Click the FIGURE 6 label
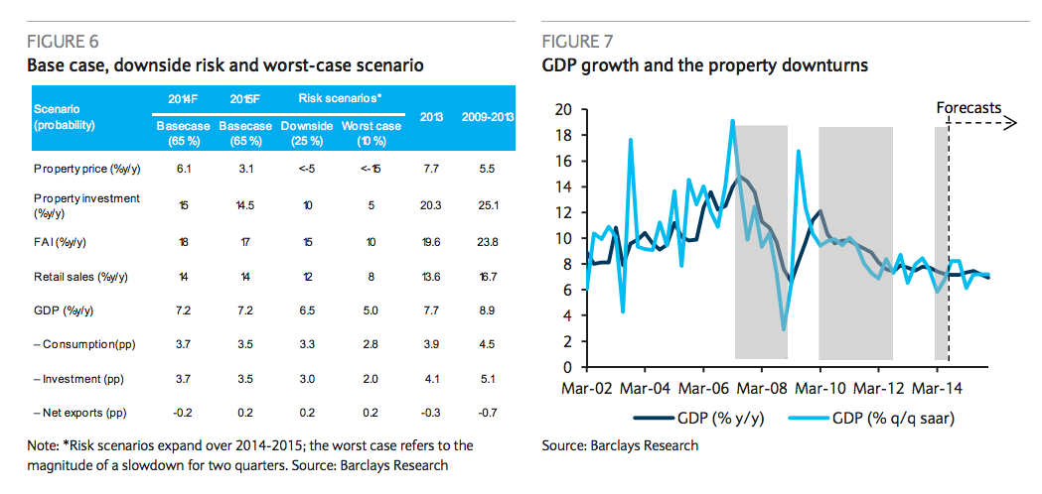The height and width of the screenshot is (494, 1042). point(63,42)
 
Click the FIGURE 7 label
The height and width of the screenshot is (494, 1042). point(577,42)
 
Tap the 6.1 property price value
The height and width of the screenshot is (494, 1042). point(184,169)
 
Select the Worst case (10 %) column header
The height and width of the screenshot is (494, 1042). point(371,133)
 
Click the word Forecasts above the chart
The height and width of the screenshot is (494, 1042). point(968,107)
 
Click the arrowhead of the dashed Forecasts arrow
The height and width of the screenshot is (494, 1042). point(1012,123)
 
